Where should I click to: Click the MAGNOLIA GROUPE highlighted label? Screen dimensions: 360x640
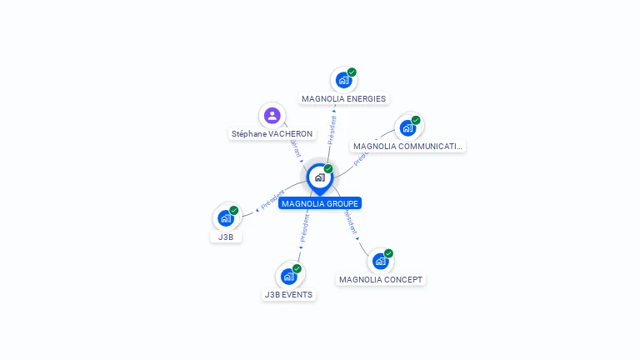[x=320, y=203]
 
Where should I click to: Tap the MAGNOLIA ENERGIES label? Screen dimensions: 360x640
[x=343, y=98]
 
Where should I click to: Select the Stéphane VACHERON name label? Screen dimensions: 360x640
[x=272, y=133]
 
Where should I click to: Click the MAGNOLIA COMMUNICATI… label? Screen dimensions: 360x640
[x=407, y=147]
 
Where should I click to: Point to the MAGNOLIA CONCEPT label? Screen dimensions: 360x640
[x=381, y=280]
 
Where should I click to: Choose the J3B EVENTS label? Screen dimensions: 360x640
[x=288, y=294]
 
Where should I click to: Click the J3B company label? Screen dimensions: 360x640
[x=226, y=237]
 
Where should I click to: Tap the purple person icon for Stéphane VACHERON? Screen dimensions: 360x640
[x=272, y=115]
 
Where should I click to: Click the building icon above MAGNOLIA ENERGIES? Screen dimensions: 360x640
[x=342, y=80]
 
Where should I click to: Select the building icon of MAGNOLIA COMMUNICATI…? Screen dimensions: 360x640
[x=407, y=127]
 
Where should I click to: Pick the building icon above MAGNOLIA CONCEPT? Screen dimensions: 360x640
[x=380, y=261]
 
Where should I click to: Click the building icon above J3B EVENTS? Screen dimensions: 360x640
[x=288, y=276]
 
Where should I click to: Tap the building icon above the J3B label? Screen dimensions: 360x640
[x=225, y=218]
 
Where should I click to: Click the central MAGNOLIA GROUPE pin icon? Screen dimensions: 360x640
[x=319, y=177]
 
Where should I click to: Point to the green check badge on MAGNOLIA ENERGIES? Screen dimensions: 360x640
[x=352, y=72]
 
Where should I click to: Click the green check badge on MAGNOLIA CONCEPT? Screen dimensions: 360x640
[x=388, y=253]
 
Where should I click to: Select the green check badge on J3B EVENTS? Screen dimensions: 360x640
[x=297, y=268]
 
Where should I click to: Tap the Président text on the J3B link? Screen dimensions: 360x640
[x=272, y=199]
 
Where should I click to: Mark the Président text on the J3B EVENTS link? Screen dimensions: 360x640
[x=304, y=226]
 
